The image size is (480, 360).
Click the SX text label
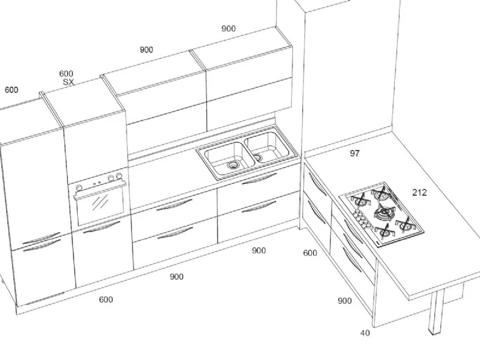(x=69, y=82)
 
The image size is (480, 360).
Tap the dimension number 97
(x=355, y=153)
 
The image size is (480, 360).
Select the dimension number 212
(x=419, y=192)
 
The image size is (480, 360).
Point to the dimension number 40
(x=365, y=333)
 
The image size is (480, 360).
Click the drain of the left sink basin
(x=233, y=165)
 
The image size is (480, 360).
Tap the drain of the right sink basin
(x=257, y=157)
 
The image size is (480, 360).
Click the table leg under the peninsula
(x=437, y=312)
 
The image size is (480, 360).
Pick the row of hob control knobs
(x=362, y=219)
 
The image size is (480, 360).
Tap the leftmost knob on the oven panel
(x=79, y=188)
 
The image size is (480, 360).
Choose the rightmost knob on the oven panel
(x=119, y=176)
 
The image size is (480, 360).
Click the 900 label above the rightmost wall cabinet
(x=229, y=28)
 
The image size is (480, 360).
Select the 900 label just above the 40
(x=344, y=301)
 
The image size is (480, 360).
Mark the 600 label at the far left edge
(x=11, y=90)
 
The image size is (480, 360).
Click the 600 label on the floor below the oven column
(x=106, y=299)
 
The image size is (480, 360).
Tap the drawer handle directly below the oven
(x=102, y=228)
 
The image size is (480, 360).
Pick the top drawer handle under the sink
(x=259, y=179)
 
